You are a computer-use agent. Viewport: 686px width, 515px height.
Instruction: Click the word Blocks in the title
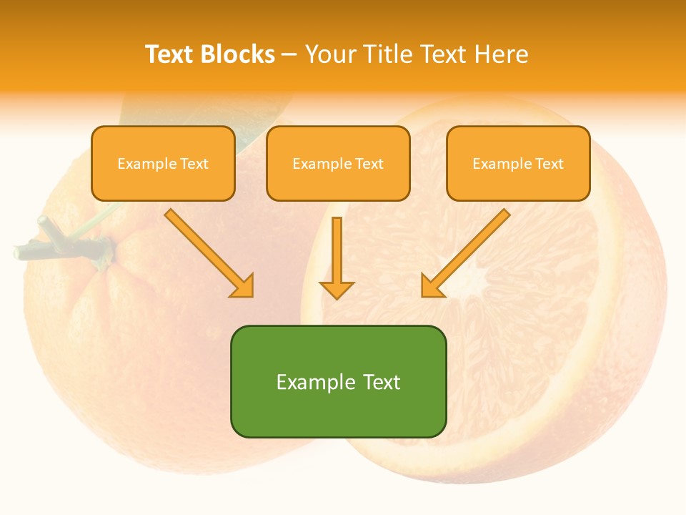237,54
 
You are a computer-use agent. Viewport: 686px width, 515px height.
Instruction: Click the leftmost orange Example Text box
163,164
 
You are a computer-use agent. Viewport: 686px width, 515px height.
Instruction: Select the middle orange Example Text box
338,164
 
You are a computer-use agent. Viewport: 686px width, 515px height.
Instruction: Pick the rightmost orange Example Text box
518,164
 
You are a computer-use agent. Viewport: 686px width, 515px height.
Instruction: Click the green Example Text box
338,381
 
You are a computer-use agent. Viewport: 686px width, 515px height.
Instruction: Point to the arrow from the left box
209,252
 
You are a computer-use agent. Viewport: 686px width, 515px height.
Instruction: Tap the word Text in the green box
382,382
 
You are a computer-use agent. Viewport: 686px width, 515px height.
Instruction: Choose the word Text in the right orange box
550,164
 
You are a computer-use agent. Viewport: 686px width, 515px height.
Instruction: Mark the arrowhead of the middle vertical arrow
337,290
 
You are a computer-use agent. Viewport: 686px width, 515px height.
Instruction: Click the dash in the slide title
289,55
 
